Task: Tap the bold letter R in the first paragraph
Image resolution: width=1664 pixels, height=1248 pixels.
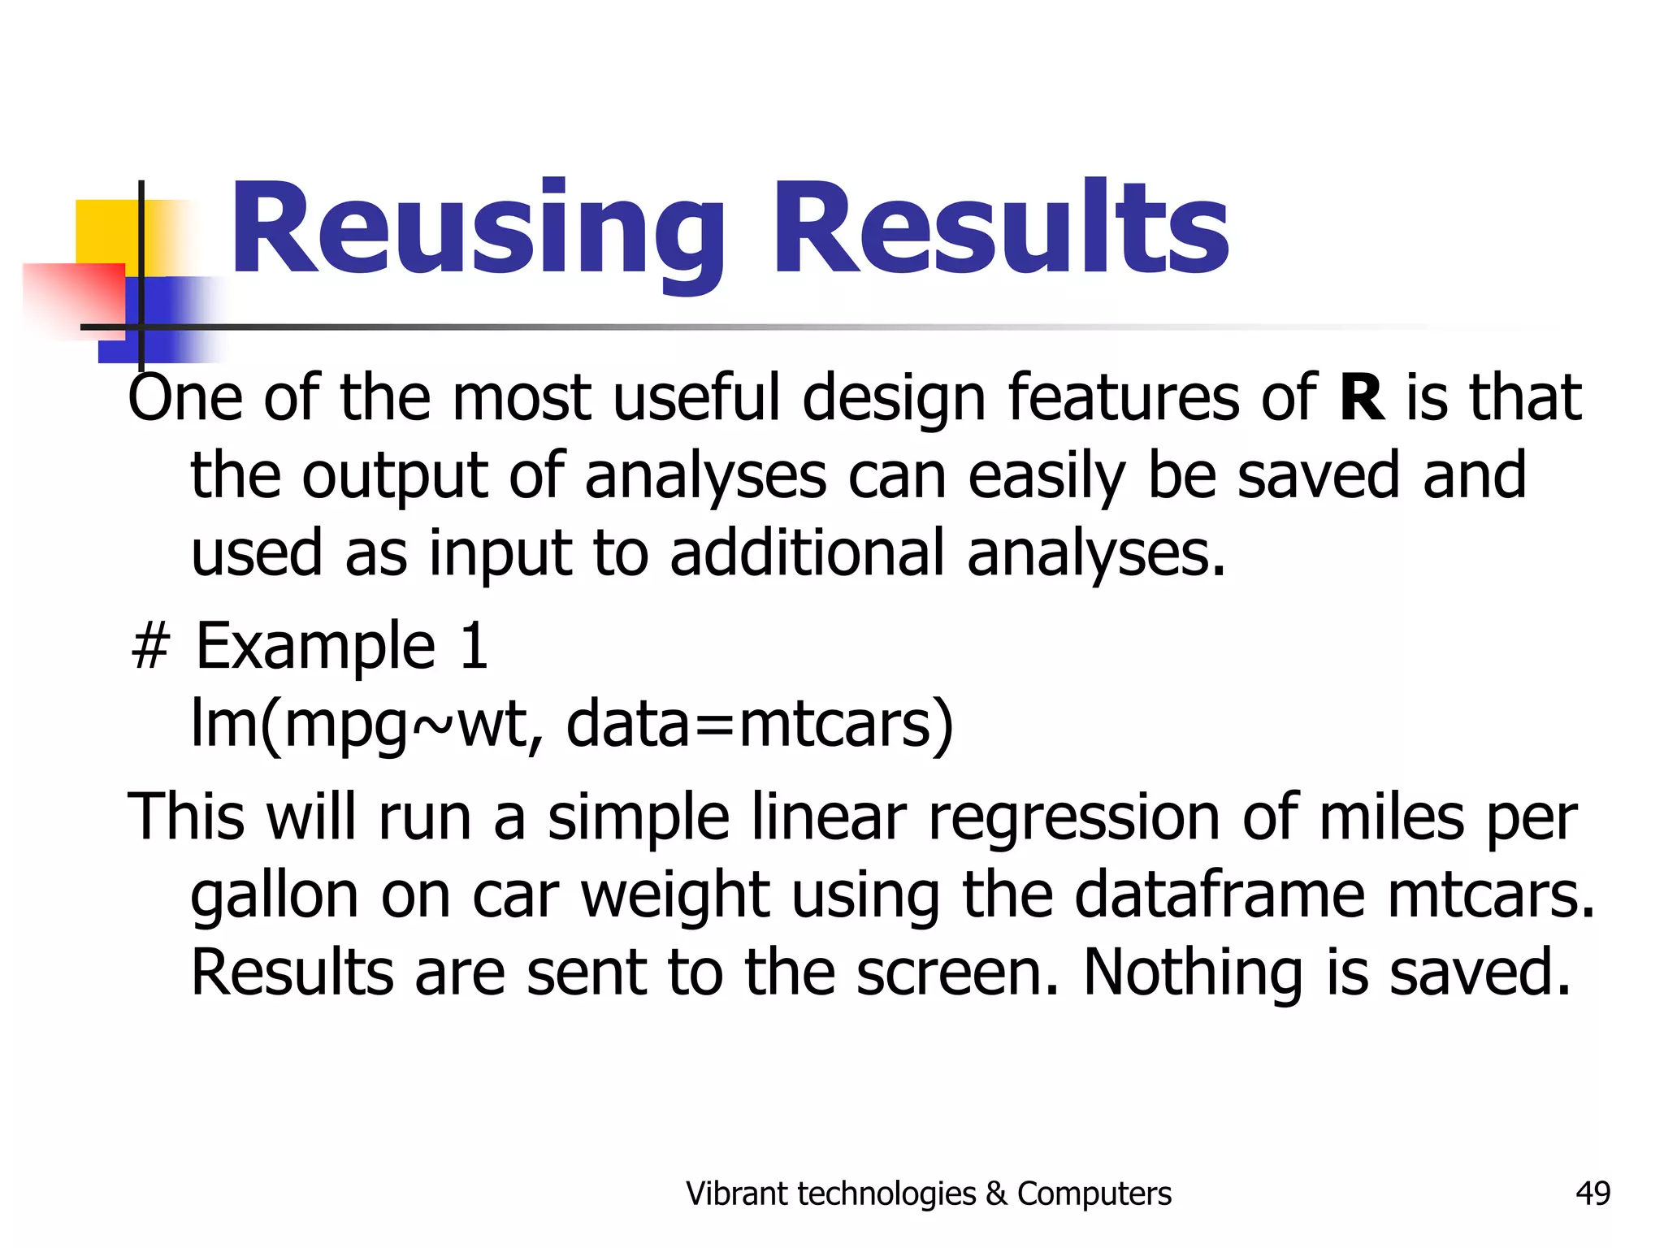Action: pyautogui.click(x=1362, y=398)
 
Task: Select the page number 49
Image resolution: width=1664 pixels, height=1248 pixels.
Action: pyautogui.click(x=1592, y=1194)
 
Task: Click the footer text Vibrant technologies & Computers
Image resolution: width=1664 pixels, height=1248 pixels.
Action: pyautogui.click(x=928, y=1194)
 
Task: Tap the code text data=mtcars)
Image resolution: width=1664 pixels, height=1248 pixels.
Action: pyautogui.click(x=759, y=723)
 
